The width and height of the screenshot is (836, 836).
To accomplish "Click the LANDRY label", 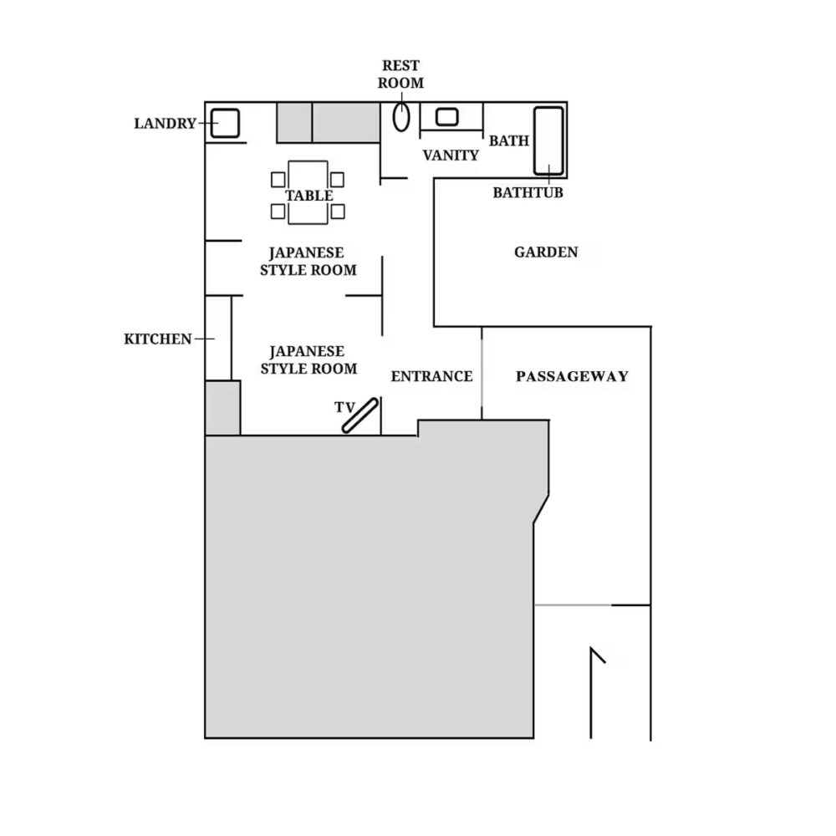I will (165, 124).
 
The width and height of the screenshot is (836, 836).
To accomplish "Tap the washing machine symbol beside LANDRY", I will (225, 123).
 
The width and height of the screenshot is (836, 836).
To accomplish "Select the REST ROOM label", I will (400, 74).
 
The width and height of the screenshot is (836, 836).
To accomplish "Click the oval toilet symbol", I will (402, 117).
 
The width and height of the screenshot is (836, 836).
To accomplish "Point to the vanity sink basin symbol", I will (446, 117).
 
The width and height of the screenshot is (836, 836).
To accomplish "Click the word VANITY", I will (451, 155).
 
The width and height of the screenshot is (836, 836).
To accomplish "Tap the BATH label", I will (509, 140).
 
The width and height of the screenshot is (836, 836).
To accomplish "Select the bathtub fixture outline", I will (548, 140).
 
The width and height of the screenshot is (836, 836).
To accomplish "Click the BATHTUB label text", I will (528, 193).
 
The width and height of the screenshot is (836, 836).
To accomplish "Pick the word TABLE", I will (309, 196).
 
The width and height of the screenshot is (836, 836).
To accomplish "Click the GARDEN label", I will (546, 252).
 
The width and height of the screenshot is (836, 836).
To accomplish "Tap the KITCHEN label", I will (158, 339).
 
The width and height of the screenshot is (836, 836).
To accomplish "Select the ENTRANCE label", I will (431, 376).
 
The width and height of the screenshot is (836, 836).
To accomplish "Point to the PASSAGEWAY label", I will (572, 376).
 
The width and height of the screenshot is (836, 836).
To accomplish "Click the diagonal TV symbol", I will (360, 415).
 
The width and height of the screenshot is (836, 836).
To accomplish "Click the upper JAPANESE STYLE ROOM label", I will (308, 261).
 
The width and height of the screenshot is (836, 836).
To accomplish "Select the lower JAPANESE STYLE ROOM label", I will (308, 359).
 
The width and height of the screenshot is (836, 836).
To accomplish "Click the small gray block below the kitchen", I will (223, 408).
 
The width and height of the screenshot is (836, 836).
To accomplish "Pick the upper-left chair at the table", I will (279, 179).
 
